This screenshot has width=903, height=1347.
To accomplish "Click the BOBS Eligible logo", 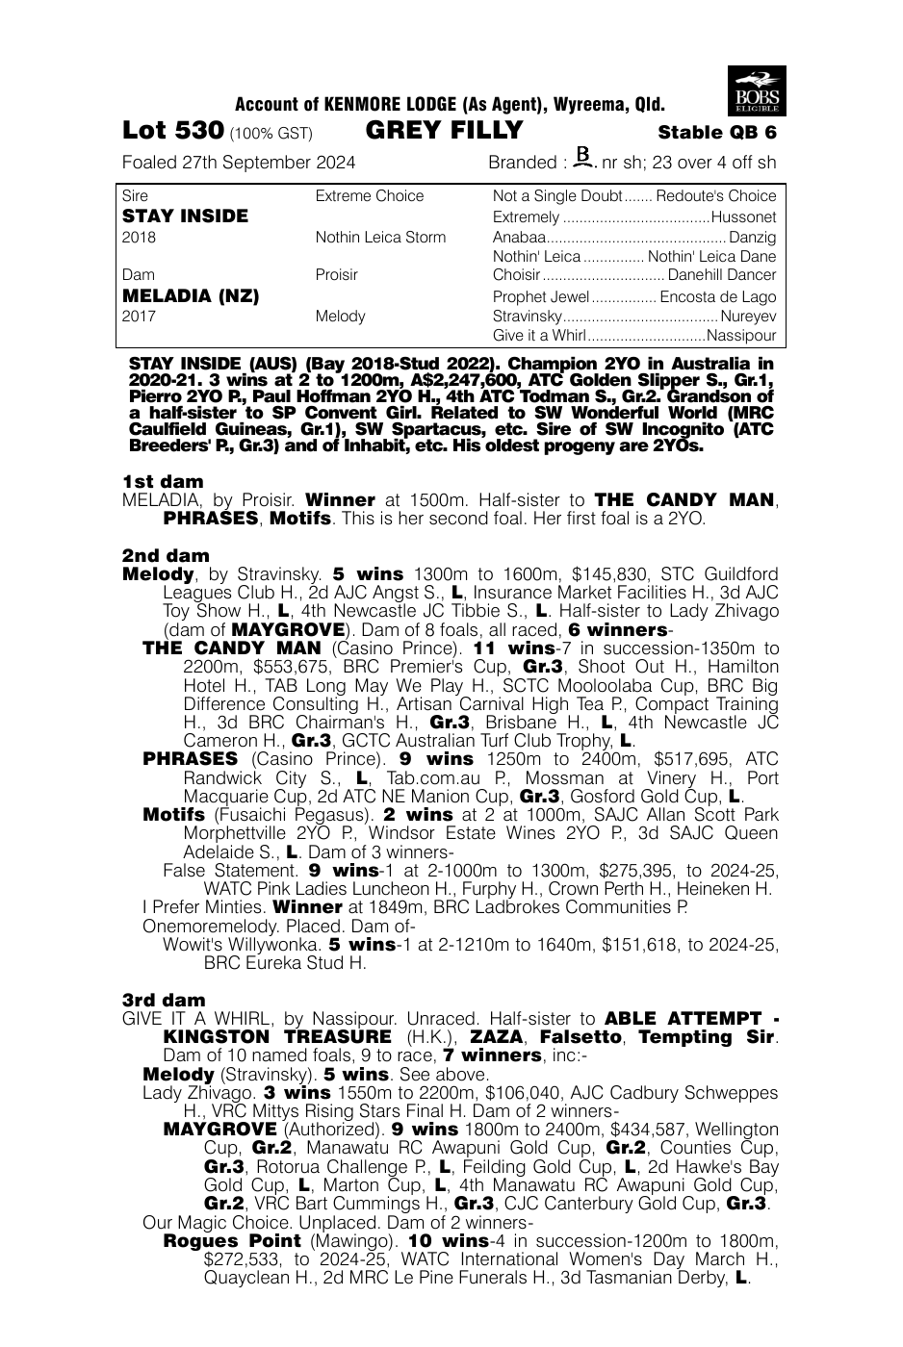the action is click(757, 91).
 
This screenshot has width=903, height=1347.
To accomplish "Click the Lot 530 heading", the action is click(173, 131).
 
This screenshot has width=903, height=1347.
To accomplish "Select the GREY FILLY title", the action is click(445, 131).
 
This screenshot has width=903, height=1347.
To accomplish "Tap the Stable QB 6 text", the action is click(716, 133).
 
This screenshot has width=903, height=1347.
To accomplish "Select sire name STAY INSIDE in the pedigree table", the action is click(185, 216).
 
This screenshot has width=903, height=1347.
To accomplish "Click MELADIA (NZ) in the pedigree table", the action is click(191, 296).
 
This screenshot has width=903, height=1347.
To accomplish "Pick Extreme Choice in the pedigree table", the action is click(369, 196).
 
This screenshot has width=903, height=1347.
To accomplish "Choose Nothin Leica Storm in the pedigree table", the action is click(380, 237).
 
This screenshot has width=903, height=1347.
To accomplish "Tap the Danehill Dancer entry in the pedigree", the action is click(722, 275).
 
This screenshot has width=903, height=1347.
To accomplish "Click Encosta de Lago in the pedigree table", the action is click(717, 296).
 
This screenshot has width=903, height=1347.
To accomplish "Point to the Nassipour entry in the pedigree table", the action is click(740, 336).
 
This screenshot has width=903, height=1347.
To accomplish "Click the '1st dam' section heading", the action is click(163, 481).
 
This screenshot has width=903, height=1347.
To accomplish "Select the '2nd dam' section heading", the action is click(165, 555).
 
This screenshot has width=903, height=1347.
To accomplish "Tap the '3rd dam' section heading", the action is click(164, 1000).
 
